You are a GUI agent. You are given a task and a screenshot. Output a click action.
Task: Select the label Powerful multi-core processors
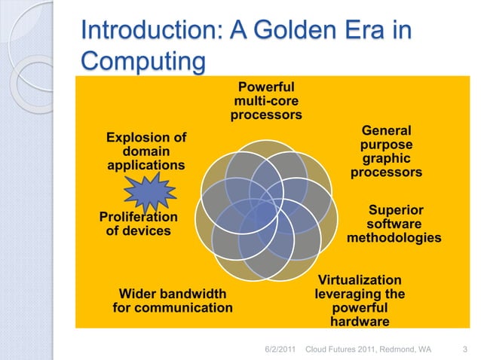(266, 102)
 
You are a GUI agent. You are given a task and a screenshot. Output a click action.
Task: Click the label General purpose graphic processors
(387, 151)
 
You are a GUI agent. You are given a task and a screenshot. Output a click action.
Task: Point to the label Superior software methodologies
(394, 224)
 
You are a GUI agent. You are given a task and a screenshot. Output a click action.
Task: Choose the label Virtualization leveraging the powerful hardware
(360, 301)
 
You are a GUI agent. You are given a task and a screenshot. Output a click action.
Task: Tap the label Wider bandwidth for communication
(173, 301)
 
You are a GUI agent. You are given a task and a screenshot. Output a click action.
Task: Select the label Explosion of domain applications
(146, 151)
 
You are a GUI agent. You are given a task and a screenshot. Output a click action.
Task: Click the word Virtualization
(360, 279)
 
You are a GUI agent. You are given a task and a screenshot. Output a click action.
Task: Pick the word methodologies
(394, 238)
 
